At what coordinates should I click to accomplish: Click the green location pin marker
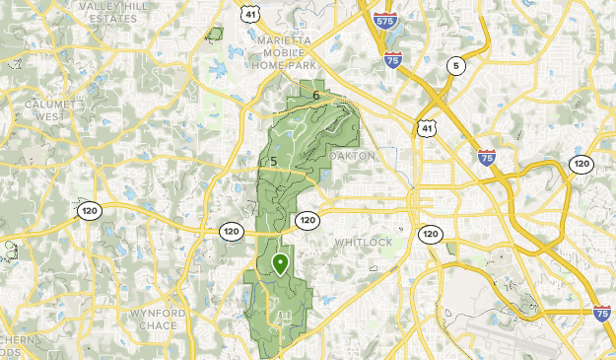click(x=281, y=263)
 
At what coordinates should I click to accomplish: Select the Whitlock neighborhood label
click(x=363, y=242)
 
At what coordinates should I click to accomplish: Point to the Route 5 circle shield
click(x=454, y=66)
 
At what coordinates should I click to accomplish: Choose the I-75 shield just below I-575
click(x=393, y=61)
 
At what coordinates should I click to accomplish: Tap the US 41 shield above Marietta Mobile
click(x=251, y=12)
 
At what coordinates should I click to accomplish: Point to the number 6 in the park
click(x=316, y=95)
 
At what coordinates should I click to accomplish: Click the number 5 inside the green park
click(x=273, y=162)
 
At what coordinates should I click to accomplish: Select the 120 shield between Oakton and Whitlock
click(x=308, y=220)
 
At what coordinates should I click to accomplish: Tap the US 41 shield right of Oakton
click(x=424, y=129)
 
